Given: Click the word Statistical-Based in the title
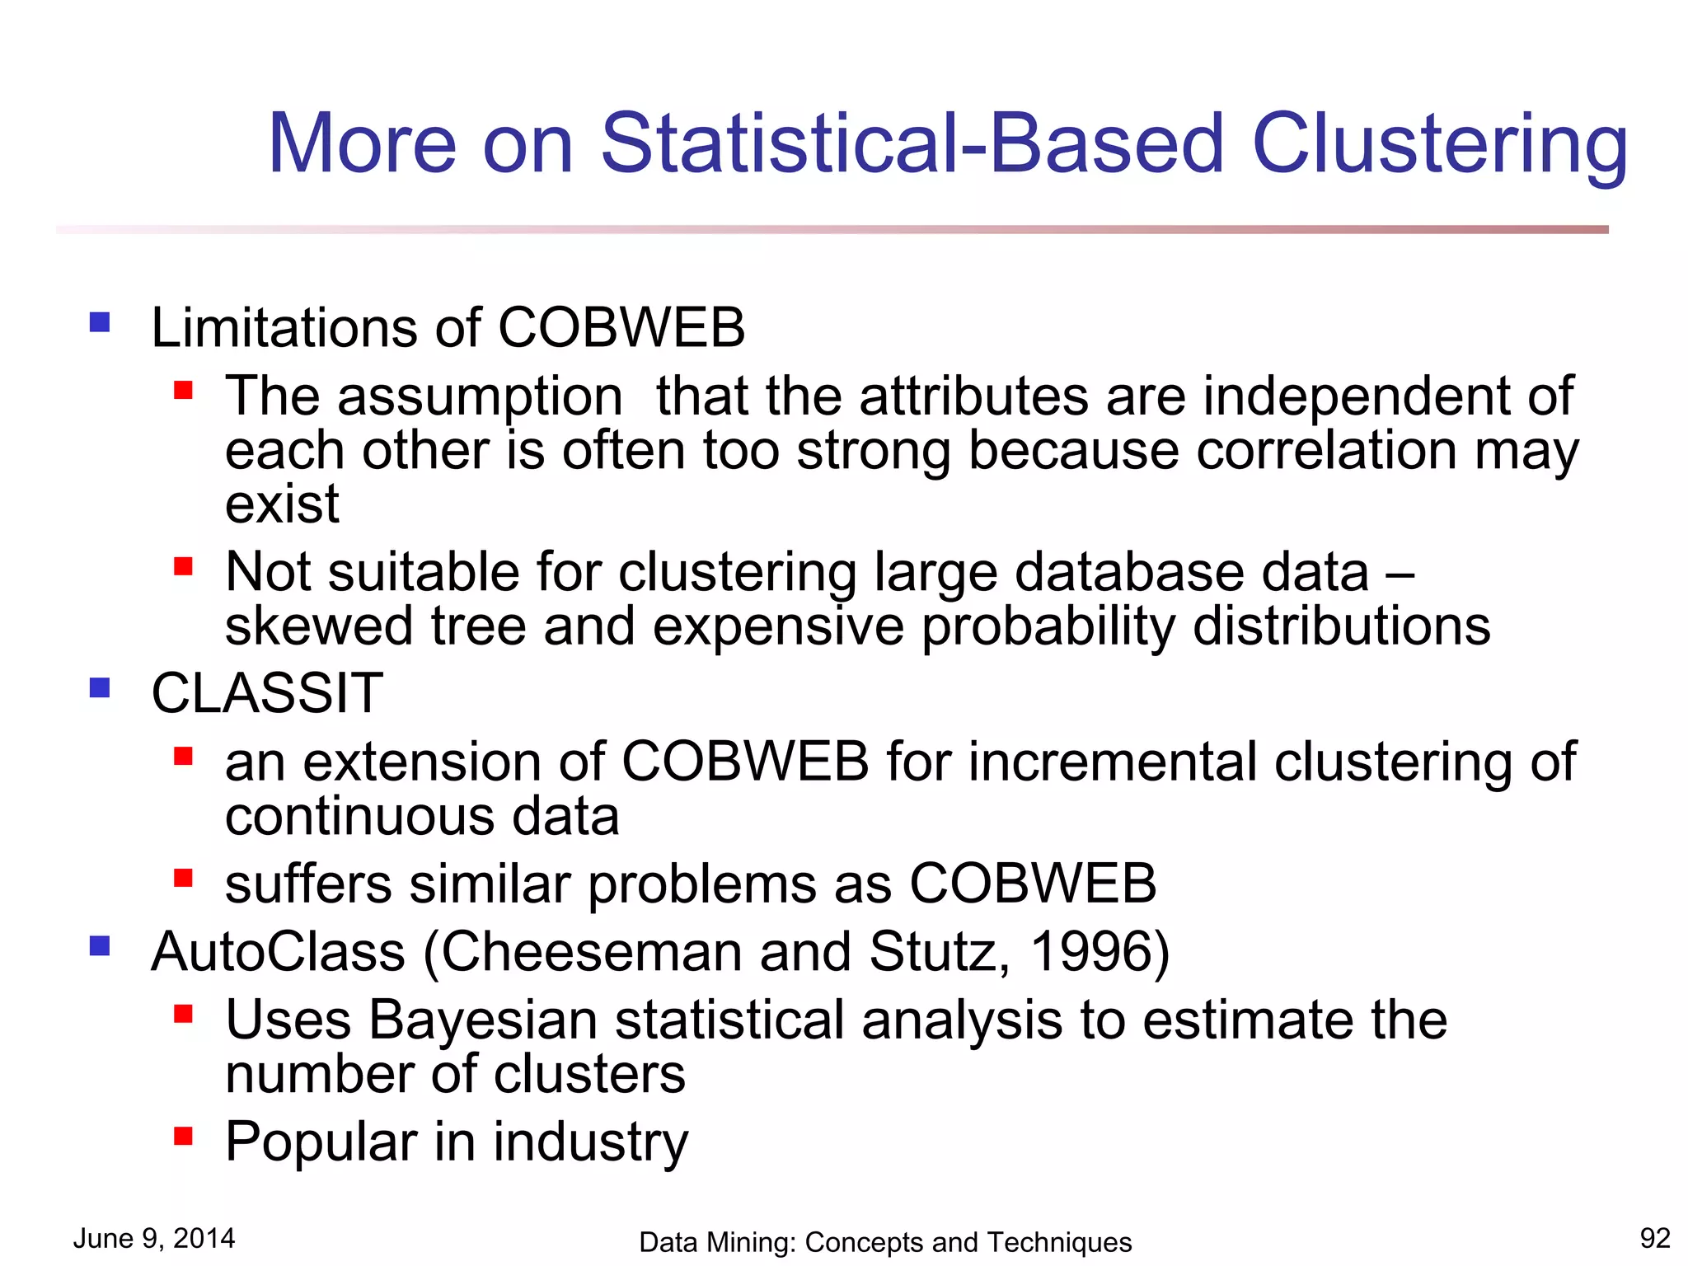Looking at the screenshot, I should pos(912,144).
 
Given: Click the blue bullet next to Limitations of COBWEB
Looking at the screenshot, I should pos(100,321).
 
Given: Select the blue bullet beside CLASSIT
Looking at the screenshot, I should pos(100,687).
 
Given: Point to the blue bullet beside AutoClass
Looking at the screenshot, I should pos(100,945).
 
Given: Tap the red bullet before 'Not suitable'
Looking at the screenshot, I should pos(183,566).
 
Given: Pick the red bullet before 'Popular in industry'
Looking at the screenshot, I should pos(183,1137).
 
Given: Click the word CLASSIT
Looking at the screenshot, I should pos(267,693).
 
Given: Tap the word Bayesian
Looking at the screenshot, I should pos(482,1020).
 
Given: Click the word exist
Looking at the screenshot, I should pos(282,504).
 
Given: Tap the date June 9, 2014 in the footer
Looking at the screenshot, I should pos(154,1238).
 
